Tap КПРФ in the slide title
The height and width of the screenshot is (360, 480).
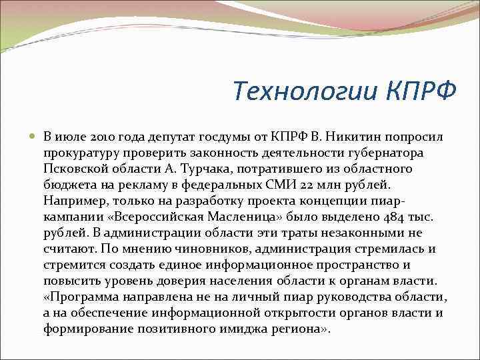click(421, 90)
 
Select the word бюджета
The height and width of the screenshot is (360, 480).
click(67, 185)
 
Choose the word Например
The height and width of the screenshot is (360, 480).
click(73, 201)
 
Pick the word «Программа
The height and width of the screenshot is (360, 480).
click(80, 297)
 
